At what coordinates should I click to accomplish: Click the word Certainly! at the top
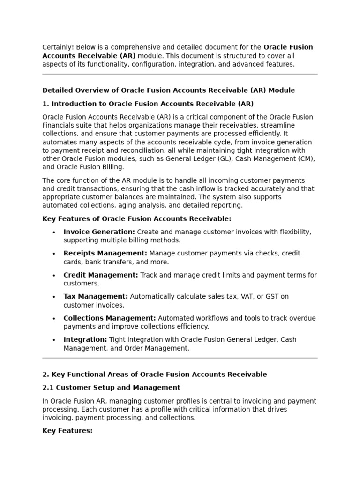click(x=58, y=47)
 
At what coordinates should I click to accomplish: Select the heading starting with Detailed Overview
click(x=168, y=90)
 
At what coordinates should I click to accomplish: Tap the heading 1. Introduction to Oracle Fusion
click(x=148, y=104)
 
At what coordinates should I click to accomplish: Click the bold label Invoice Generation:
click(x=99, y=232)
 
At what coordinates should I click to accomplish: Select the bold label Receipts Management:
click(x=105, y=254)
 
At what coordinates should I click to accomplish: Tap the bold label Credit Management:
click(x=101, y=275)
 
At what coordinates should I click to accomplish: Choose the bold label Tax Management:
click(x=96, y=297)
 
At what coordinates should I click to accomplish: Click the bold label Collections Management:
click(x=110, y=318)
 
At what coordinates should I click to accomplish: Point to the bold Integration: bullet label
click(x=85, y=340)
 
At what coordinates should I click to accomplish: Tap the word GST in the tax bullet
click(x=273, y=297)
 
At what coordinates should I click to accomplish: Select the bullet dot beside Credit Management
click(x=54, y=276)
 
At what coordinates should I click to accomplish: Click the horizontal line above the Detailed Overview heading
click(x=180, y=74)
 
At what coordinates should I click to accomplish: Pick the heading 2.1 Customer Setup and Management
click(x=111, y=388)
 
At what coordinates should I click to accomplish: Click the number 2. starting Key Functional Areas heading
click(x=45, y=375)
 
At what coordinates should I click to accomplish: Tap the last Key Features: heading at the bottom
click(x=67, y=431)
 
